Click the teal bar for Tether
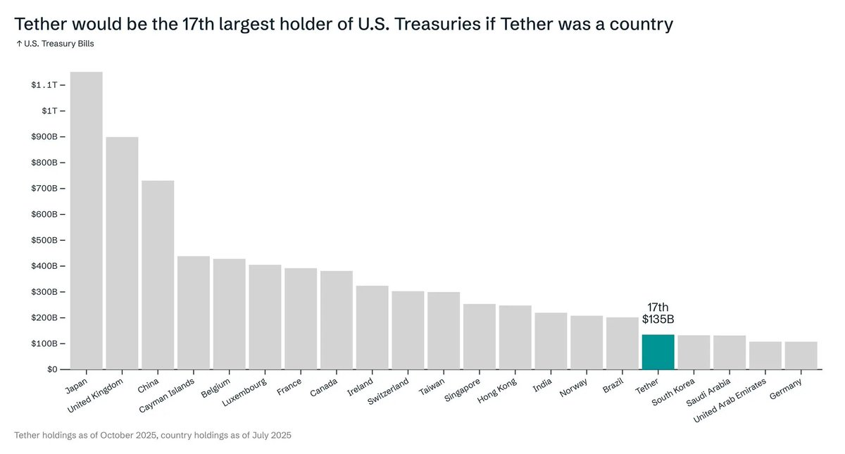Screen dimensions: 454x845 (658, 352)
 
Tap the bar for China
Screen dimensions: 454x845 (158, 275)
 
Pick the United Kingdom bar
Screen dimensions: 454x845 (122, 253)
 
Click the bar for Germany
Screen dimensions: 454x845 (801, 355)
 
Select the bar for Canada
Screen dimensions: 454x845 (337, 320)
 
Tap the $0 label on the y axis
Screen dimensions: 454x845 (53, 370)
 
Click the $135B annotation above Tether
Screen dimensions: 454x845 (658, 320)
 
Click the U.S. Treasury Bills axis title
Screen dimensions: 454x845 (54, 44)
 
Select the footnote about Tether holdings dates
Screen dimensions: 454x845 (153, 436)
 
